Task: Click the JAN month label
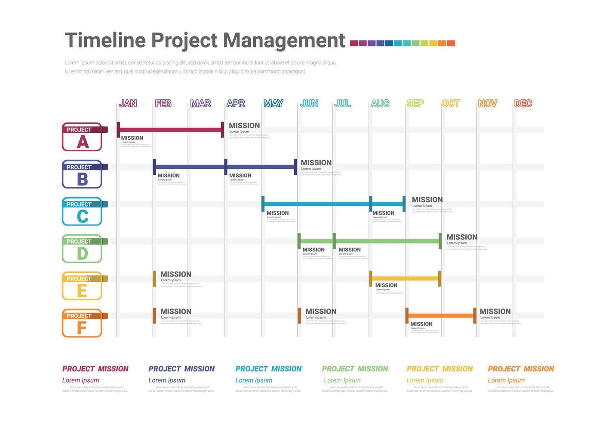point(128,104)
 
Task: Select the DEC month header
point(523,104)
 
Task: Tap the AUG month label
point(380,104)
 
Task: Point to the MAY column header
point(273,104)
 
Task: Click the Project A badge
point(82,137)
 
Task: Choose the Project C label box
point(82,212)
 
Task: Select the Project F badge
point(82,323)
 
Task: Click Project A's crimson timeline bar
point(170,130)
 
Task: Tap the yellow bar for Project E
point(405,278)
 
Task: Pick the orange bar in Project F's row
point(441,316)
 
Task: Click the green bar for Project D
point(387,241)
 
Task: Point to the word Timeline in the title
point(105,41)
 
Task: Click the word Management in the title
point(284,41)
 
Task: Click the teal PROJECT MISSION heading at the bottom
point(268,369)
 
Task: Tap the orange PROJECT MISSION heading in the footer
point(521,369)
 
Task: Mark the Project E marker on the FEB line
point(154,279)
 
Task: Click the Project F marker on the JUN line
point(299,316)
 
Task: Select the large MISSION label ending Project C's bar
point(427,200)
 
